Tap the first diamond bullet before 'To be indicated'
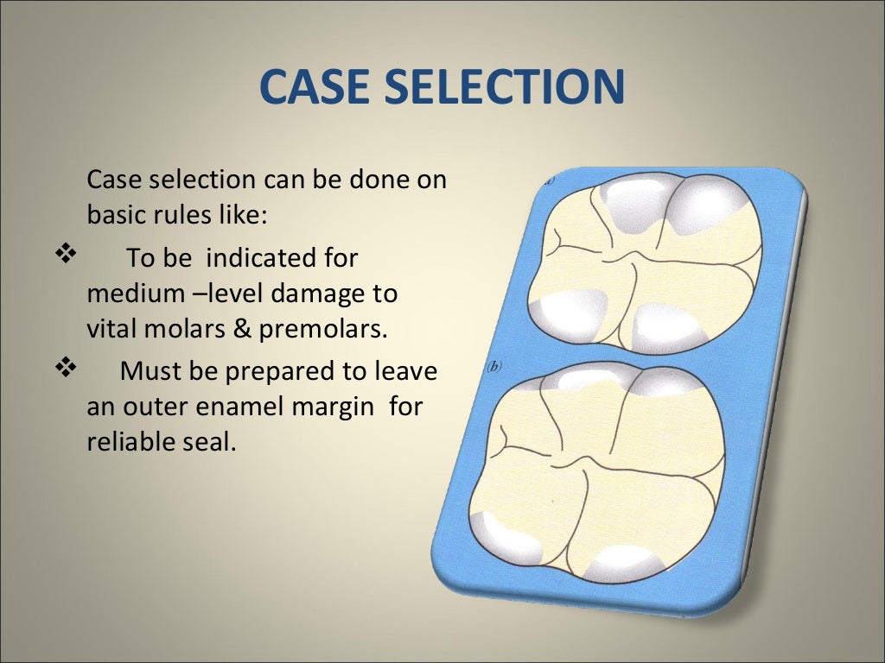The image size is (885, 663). click(x=66, y=256)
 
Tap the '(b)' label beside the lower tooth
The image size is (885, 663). click(x=496, y=365)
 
